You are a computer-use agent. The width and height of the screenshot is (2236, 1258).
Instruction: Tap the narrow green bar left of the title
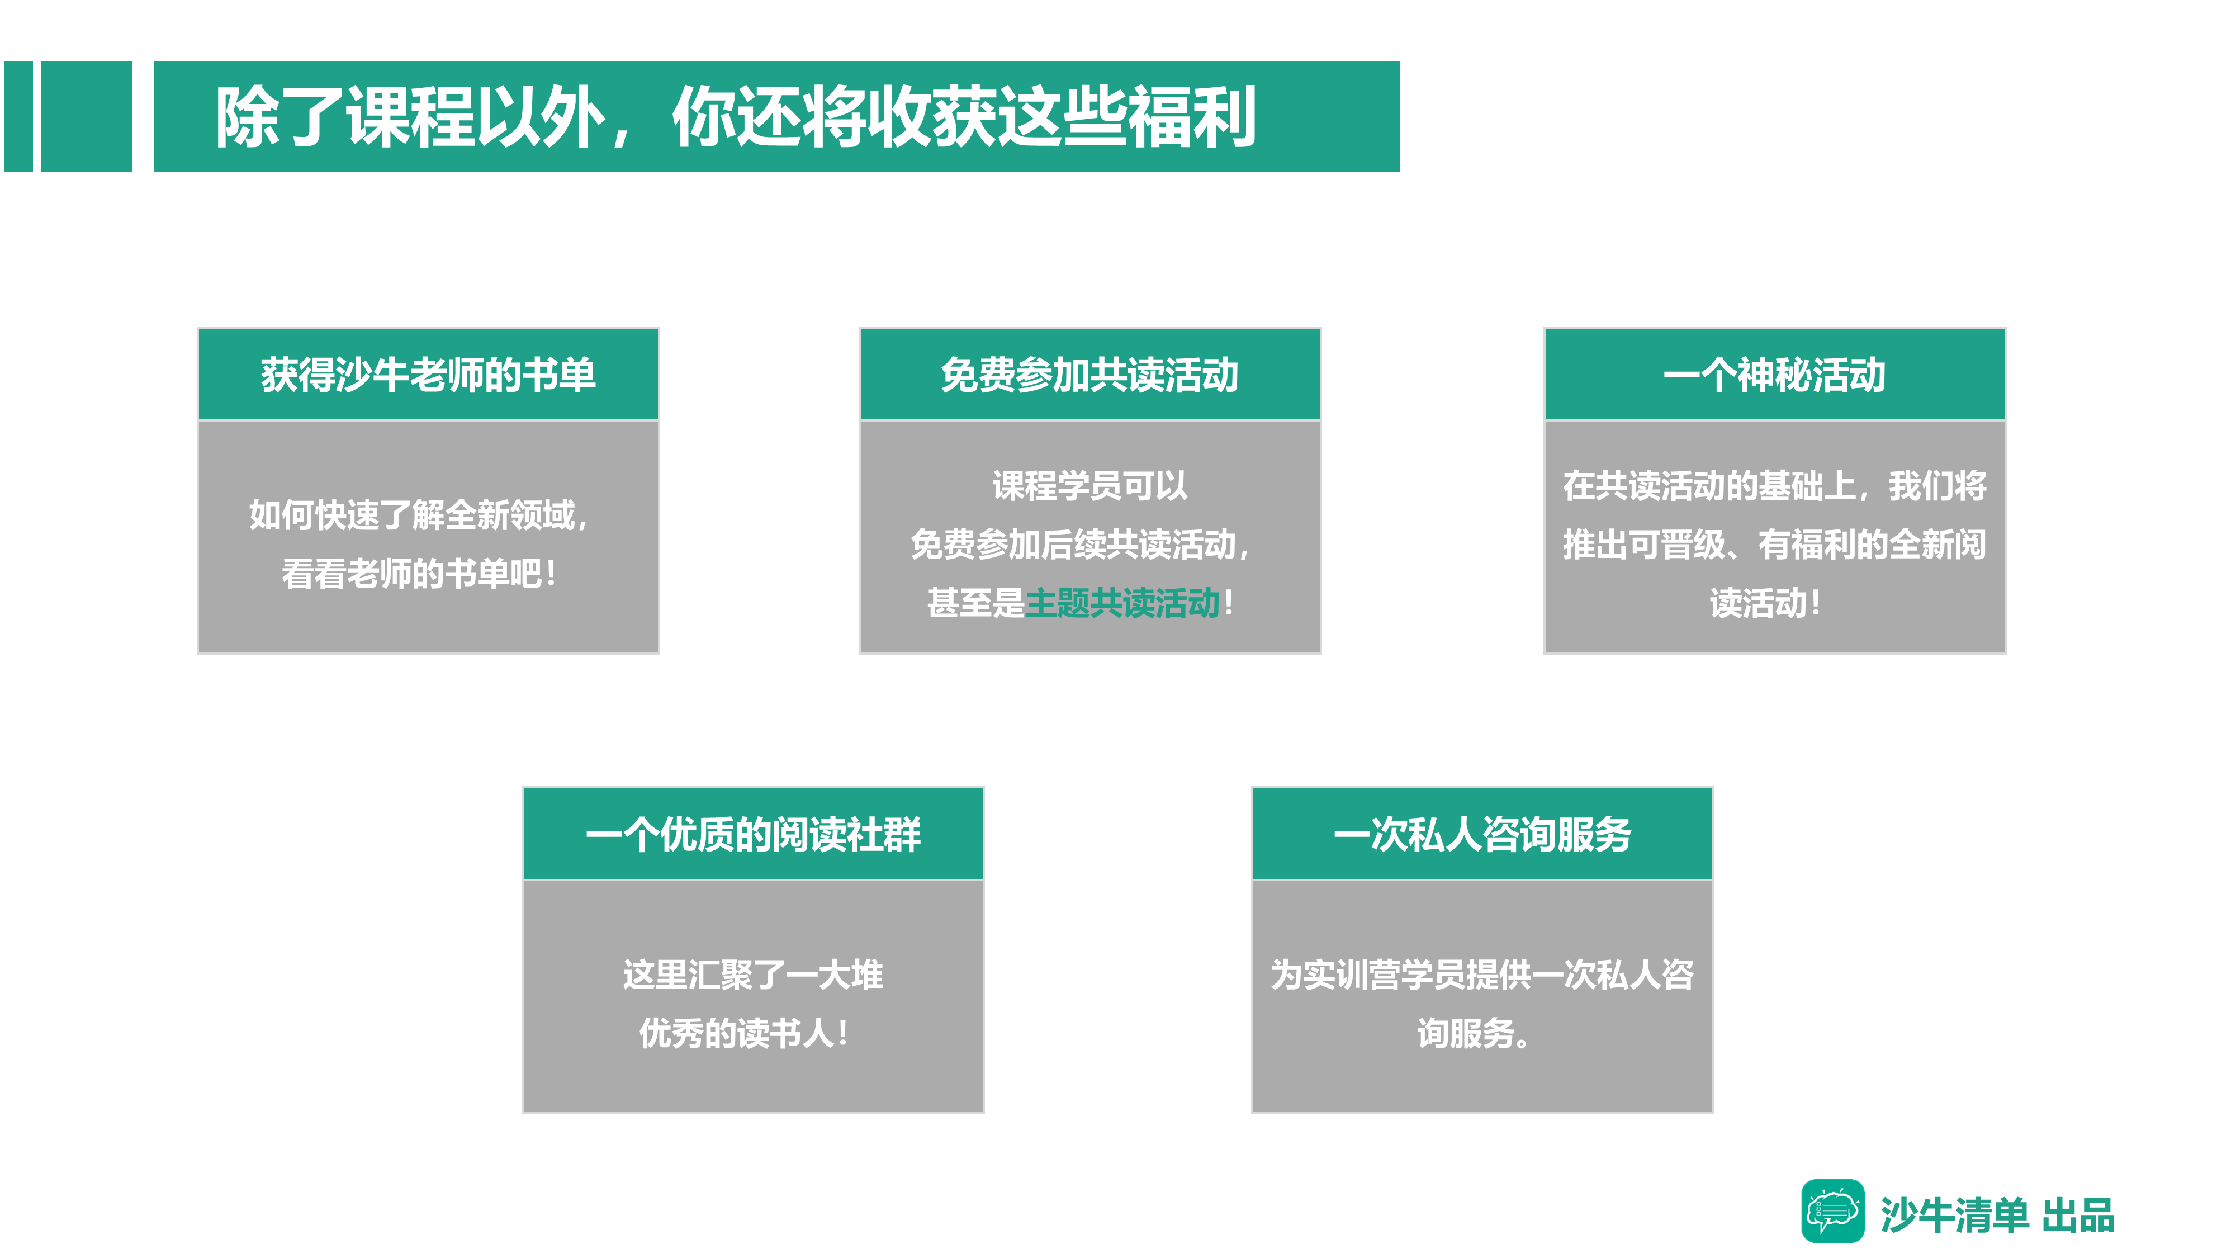pos(18,116)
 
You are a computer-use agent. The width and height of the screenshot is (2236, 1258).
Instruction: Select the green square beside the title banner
pos(87,116)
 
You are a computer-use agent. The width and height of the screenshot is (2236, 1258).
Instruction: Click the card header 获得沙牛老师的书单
pos(428,375)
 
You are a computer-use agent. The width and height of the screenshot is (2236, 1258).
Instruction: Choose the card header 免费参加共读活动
pos(1089,375)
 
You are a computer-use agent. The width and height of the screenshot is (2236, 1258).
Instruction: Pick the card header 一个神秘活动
pos(1774,375)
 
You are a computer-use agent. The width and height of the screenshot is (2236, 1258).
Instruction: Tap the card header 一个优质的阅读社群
pos(752,834)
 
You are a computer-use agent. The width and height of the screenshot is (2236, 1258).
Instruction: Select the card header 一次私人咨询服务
pos(1482,834)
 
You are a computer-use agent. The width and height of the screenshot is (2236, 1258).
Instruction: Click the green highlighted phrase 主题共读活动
pos(1122,603)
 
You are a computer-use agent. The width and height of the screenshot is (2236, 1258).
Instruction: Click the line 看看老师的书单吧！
pos(418,574)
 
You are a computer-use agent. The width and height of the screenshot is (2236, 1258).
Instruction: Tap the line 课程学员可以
pos(1089,485)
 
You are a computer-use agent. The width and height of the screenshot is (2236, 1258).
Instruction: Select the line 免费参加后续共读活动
pos(1073,545)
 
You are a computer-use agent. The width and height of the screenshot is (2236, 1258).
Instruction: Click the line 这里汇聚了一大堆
pos(752,974)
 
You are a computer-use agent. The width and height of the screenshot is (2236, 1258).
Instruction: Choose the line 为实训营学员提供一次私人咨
pos(1482,974)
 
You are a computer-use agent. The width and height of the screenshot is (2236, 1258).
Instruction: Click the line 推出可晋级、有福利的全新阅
pos(1774,545)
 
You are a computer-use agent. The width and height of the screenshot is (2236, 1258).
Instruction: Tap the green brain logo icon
pos(1832,1211)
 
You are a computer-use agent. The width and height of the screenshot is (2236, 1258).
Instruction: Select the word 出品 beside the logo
pos(2078,1216)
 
